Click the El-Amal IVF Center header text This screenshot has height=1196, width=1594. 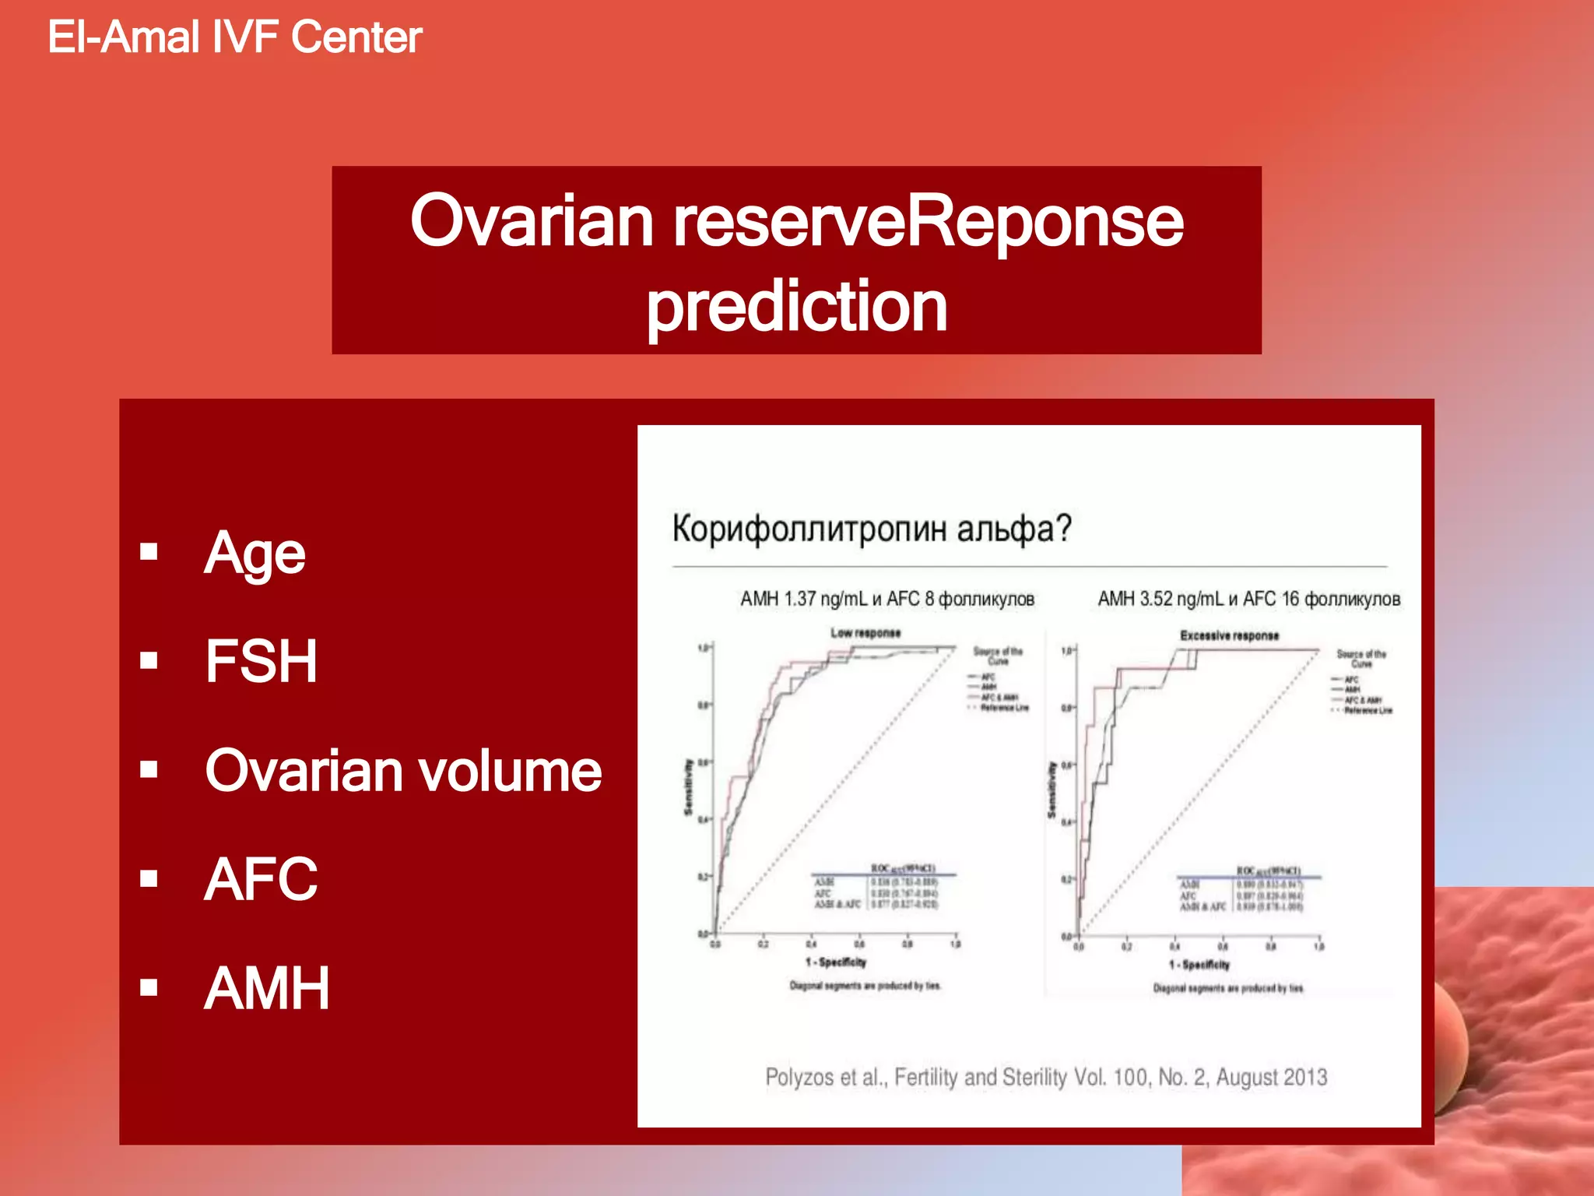coord(234,37)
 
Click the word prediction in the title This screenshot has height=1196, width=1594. coord(796,307)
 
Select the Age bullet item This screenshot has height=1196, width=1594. coord(255,554)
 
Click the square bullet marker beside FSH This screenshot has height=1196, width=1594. coord(149,661)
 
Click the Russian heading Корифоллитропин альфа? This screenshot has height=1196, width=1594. coord(872,529)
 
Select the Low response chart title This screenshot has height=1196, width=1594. coord(865,633)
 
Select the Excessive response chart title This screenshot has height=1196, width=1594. coord(1229,635)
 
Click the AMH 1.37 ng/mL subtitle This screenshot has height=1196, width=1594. coord(887,599)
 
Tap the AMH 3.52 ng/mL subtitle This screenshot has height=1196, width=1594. coord(1248,599)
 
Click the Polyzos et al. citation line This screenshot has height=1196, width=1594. coord(1045,1077)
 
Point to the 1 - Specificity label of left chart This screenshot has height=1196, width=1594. coord(836,962)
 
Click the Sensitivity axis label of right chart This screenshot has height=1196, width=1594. coord(1052,790)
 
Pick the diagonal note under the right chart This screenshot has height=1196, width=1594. coord(1228,988)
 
